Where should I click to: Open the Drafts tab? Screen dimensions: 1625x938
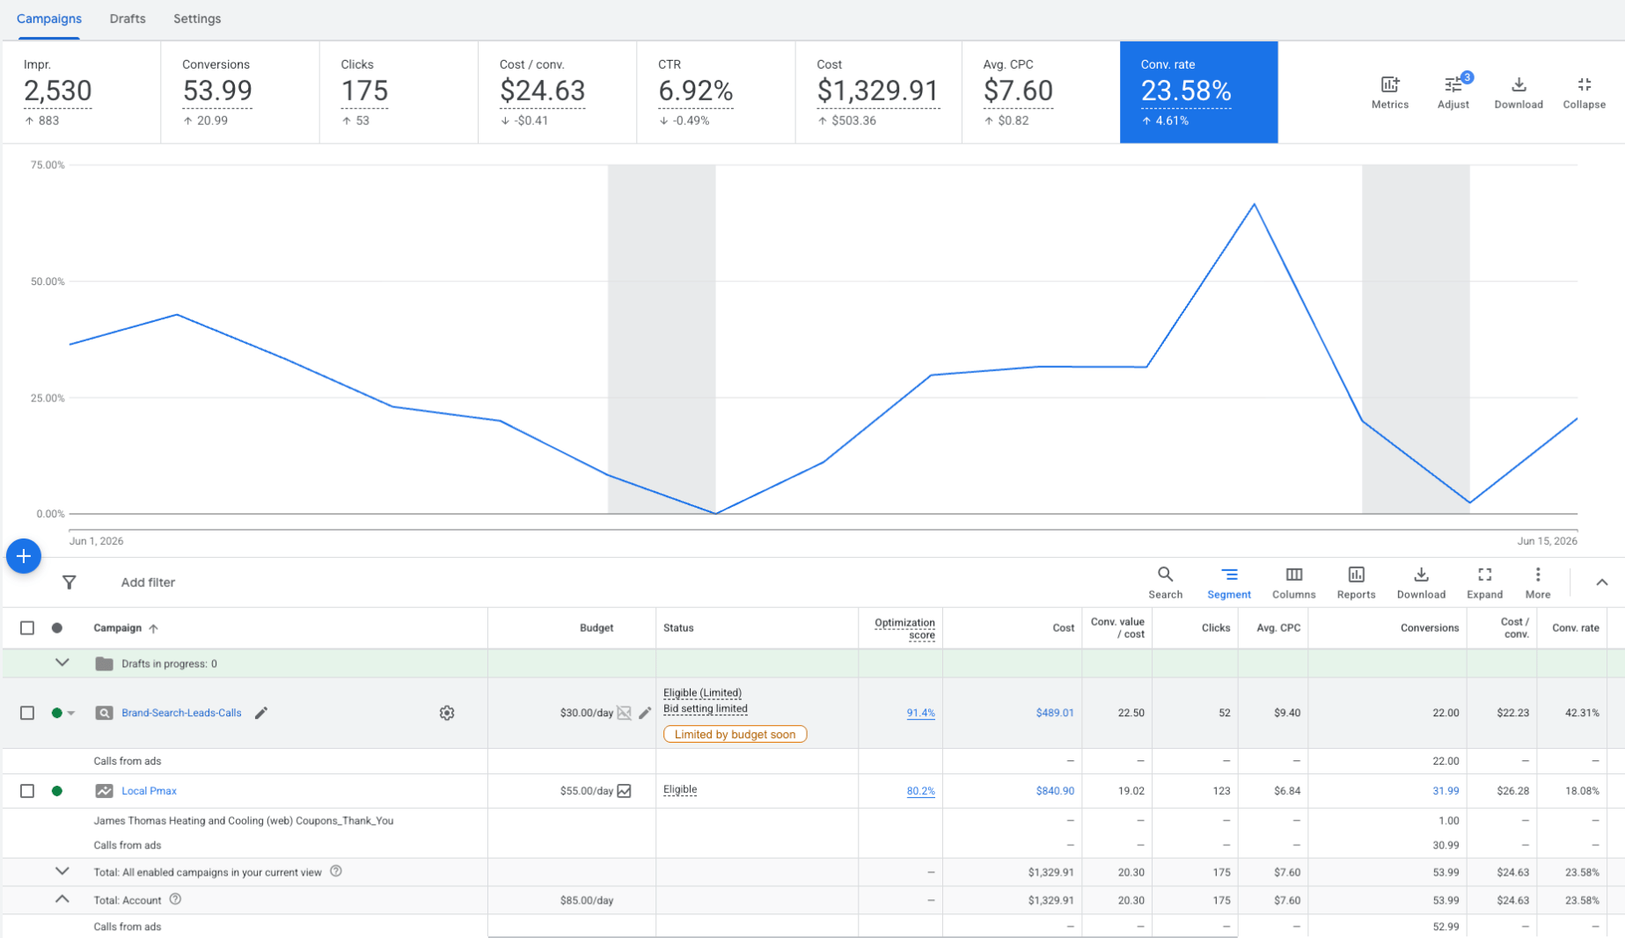pos(128,18)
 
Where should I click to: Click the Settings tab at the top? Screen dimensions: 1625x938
pos(197,18)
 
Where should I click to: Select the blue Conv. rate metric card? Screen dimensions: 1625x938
pos(1198,92)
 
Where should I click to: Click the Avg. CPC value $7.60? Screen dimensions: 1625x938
pos(1018,91)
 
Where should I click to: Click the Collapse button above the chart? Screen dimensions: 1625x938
pos(1584,92)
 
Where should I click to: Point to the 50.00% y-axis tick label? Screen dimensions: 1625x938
pos(48,282)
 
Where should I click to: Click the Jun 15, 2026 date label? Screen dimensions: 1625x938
pos(1547,541)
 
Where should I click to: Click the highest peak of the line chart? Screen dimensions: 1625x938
pos(1254,204)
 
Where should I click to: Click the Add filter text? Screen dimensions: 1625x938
pos(148,583)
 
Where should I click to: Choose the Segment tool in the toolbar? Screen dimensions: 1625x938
pos(1228,583)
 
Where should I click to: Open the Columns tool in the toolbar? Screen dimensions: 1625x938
pos(1293,583)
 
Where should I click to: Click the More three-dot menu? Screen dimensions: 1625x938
pos(1537,583)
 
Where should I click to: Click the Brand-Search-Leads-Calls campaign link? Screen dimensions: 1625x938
pos(181,713)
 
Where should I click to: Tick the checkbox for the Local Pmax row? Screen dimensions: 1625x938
pos(27,791)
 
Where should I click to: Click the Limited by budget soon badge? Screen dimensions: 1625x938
pos(735,734)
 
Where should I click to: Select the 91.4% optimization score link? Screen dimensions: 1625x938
pos(920,713)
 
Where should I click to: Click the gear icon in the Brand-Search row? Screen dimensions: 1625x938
pos(447,713)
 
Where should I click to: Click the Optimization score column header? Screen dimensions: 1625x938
pos(904,628)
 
